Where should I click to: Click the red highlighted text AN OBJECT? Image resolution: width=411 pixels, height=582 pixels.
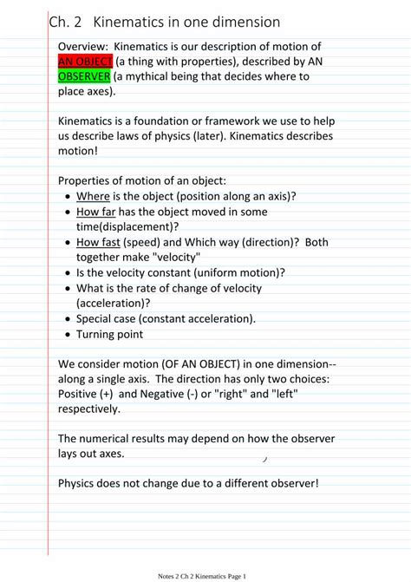86,62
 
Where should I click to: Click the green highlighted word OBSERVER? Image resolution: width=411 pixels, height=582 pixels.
84,76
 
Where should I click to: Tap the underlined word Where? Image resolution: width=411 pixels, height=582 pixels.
93,196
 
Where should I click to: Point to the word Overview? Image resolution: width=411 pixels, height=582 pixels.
82,46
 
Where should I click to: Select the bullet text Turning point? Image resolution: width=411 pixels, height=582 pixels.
109,333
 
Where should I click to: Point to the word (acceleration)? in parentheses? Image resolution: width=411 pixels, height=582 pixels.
114,303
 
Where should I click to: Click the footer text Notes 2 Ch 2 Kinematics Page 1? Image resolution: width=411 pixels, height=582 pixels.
203,575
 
